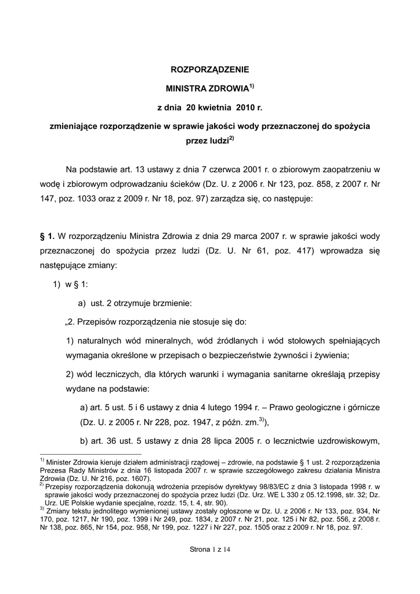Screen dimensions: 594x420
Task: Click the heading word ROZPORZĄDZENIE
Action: point(209,70)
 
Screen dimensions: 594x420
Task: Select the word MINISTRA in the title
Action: point(186,90)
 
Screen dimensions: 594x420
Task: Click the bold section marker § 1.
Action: point(46,236)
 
